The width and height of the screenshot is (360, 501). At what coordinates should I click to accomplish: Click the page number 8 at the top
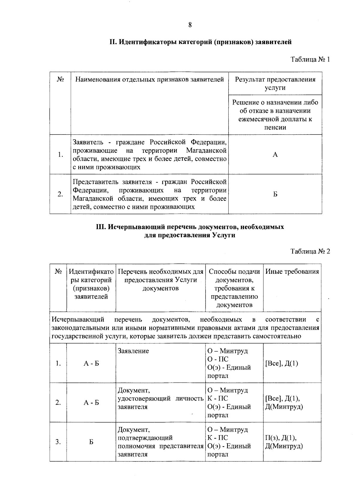190,25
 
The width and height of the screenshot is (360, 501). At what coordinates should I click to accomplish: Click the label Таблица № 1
310,59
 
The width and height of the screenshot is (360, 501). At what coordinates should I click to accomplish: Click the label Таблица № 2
310,251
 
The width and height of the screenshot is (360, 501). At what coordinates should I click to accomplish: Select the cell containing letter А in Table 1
275,155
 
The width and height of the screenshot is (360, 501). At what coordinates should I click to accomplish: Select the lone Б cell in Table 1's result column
275,194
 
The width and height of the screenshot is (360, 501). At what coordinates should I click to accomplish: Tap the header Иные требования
292,272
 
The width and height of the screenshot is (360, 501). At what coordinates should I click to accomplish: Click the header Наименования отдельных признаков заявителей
149,80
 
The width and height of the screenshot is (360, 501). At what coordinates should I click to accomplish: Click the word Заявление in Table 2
133,351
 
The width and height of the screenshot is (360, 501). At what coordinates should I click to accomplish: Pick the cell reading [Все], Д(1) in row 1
282,364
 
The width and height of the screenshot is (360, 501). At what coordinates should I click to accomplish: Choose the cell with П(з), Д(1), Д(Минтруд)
284,442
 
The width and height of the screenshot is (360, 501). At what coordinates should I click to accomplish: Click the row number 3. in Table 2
58,442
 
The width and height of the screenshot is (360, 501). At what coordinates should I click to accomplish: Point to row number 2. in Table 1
60,194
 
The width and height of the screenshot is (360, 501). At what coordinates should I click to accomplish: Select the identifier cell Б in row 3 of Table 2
91,442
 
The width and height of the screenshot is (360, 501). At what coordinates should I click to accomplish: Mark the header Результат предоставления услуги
275,83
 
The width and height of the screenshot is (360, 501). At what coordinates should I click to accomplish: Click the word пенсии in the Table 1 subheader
275,127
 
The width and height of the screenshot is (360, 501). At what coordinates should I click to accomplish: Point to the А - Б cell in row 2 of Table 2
91,403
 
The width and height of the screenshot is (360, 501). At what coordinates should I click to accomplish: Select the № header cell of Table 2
58,272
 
